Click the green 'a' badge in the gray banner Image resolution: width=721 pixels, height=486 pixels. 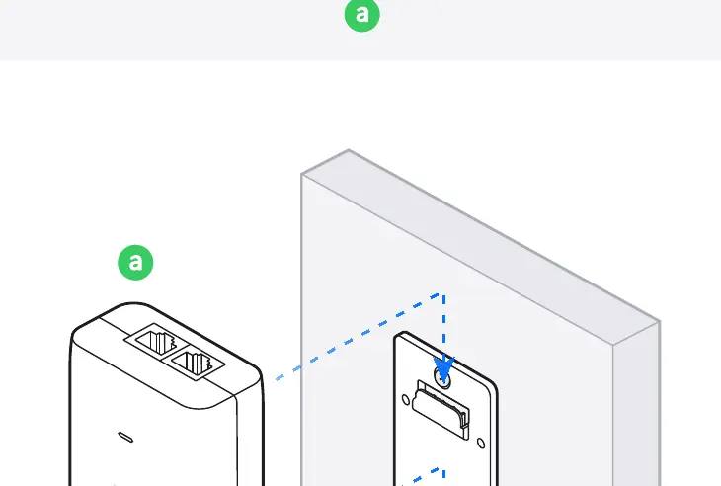362,14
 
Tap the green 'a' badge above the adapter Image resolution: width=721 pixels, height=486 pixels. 135,262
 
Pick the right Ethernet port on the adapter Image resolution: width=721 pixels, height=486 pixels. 198,362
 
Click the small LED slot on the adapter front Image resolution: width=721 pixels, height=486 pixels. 125,437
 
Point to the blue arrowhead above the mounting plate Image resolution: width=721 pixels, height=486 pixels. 443,367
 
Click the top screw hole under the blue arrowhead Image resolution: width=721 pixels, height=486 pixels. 442,379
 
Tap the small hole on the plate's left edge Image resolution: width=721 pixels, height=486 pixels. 406,399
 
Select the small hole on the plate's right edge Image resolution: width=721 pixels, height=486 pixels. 481,444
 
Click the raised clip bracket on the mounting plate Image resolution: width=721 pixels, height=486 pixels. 441,409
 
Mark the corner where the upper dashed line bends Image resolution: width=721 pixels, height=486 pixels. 441,294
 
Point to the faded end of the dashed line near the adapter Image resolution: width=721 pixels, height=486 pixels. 280,379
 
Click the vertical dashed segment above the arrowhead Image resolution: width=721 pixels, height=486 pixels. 443,325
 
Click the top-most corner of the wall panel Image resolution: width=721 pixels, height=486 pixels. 349,149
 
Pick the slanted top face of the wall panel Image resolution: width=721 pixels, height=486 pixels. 481,246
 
